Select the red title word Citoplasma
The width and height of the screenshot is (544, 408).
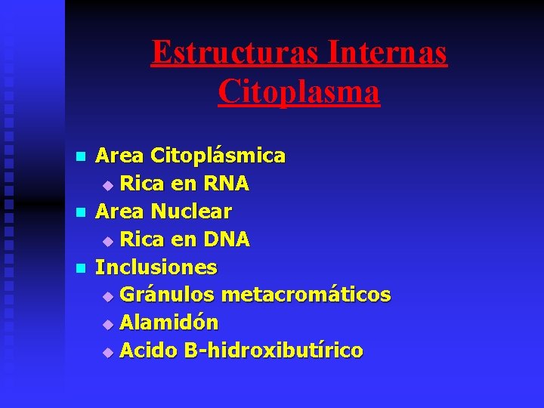[298, 91]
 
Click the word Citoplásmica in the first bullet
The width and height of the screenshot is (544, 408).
[218, 156]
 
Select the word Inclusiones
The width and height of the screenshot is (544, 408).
[156, 267]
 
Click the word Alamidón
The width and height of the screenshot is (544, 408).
[169, 323]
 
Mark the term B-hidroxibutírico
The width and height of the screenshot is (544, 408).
[274, 351]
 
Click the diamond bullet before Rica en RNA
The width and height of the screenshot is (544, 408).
[107, 185]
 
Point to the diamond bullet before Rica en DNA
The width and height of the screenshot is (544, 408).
[107, 241]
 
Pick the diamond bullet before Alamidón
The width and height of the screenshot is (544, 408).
[107, 324]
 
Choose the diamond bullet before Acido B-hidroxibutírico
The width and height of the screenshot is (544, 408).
[107, 352]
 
